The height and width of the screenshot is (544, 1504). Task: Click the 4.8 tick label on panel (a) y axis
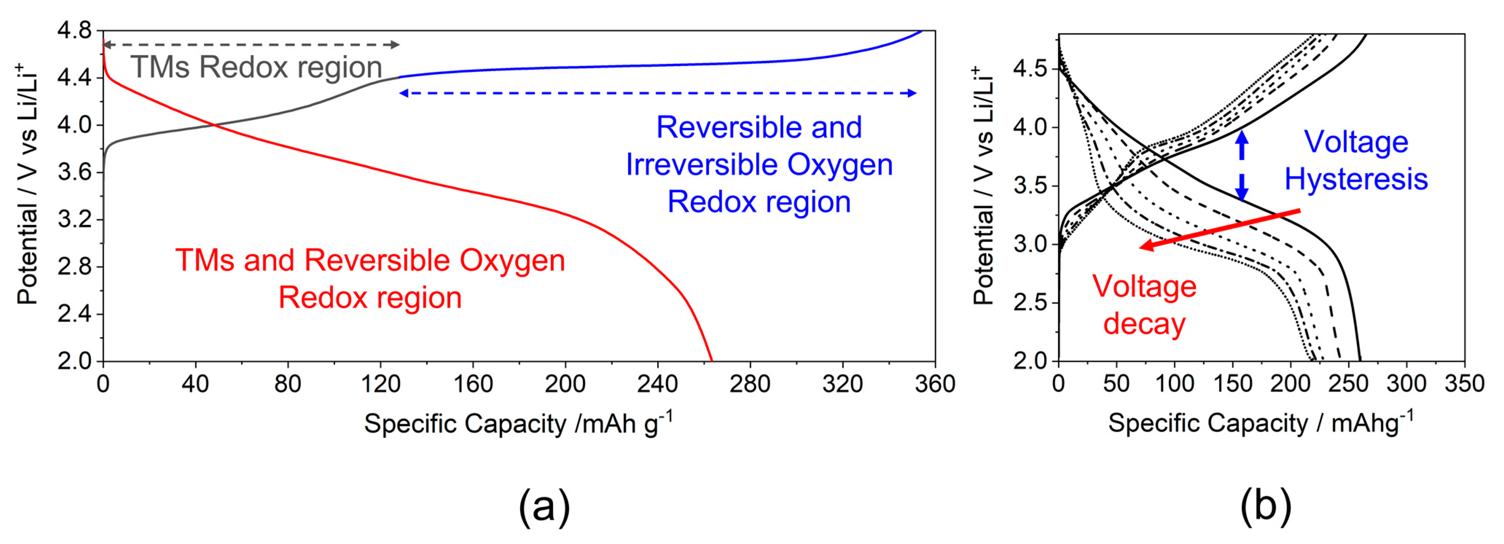tap(74, 30)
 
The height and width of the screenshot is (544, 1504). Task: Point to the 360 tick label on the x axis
tap(935, 384)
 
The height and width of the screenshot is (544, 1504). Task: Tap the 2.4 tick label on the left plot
tap(74, 314)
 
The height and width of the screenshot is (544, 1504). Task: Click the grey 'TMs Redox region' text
tap(256, 67)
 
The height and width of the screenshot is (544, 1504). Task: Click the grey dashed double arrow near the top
tap(251, 44)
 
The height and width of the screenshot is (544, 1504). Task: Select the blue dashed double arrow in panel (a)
tap(657, 93)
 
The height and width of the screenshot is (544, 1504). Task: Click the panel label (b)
tap(1265, 505)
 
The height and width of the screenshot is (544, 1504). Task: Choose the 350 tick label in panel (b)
tap(1464, 384)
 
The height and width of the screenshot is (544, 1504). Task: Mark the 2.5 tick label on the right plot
tap(1030, 302)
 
